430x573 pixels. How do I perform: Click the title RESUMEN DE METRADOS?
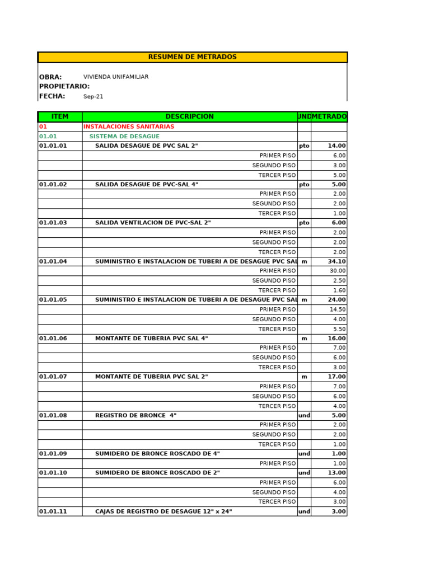(192, 57)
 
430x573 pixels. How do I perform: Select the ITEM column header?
(60, 116)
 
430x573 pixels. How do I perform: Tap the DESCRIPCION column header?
(189, 116)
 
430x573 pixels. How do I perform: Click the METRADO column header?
(329, 116)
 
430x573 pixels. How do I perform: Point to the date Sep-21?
(94, 97)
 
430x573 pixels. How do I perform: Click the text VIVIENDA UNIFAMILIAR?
(116, 77)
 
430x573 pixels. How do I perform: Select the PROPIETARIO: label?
(64, 87)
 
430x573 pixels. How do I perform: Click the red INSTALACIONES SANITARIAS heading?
(129, 126)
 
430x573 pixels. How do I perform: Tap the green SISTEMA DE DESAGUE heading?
(124, 137)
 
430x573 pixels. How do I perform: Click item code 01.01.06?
(53, 339)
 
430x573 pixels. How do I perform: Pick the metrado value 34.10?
(336, 261)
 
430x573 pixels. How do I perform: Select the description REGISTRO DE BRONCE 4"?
(136, 416)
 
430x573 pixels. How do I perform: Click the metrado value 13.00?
(336, 473)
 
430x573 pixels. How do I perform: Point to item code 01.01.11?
(53, 511)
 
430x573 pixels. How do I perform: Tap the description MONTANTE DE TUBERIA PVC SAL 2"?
(151, 377)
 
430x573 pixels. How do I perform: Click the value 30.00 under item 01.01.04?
(338, 271)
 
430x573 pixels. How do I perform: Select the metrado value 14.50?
(338, 309)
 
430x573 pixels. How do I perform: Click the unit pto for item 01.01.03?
(304, 223)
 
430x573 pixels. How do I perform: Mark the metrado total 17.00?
(336, 377)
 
